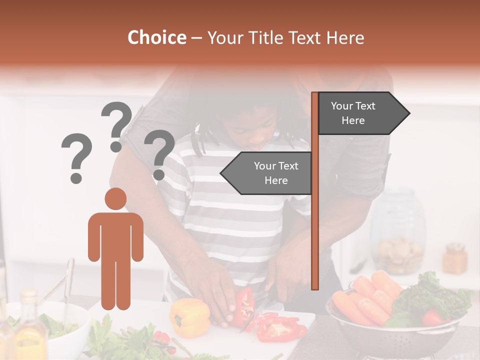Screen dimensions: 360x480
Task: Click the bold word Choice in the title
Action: point(156,38)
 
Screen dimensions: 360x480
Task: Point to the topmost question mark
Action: point(116,125)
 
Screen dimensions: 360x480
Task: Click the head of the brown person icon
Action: point(115,198)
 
